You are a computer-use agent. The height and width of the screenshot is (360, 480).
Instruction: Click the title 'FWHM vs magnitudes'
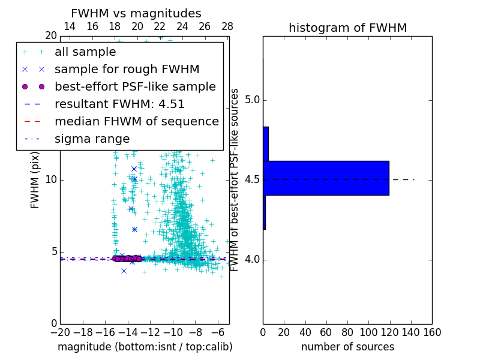(x=136, y=14)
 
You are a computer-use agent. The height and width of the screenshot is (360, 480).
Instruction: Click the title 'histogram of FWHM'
(x=347, y=28)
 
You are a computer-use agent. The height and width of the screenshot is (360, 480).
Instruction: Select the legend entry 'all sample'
(x=85, y=52)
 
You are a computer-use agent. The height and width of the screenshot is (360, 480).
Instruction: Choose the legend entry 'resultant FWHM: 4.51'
(x=119, y=104)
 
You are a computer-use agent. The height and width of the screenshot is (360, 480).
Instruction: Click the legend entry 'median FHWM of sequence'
(x=136, y=121)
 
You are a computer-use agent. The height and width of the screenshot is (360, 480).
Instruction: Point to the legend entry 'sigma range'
(x=92, y=139)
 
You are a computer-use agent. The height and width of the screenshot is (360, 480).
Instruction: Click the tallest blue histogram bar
(x=326, y=178)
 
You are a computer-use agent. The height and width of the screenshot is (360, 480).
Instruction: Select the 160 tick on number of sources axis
(x=432, y=332)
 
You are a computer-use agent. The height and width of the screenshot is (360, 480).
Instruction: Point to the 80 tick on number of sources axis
(x=347, y=332)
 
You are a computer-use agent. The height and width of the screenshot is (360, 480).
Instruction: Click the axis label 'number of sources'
(x=347, y=347)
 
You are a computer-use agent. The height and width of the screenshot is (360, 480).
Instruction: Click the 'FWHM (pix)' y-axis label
(x=35, y=180)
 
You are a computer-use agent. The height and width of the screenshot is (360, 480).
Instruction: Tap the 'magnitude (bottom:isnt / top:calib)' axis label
(x=145, y=347)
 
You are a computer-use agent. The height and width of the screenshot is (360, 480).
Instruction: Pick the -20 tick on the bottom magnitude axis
(x=60, y=332)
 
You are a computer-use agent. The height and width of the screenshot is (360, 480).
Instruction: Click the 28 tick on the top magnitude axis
(x=227, y=26)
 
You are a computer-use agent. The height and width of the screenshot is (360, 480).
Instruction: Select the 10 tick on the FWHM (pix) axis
(x=51, y=180)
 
